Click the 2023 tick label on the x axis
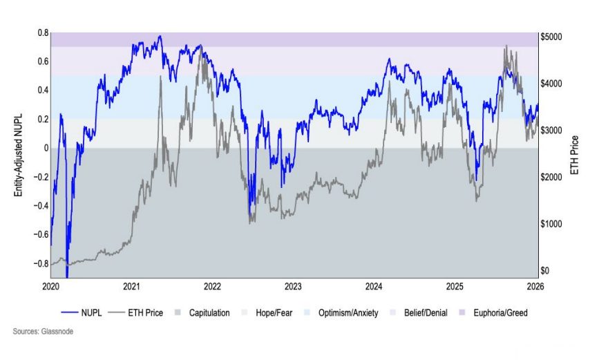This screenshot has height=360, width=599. [293, 285]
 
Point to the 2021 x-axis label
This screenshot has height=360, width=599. [132, 285]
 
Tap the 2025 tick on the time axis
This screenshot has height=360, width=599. [454, 285]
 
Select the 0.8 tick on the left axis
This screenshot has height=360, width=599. [42, 32]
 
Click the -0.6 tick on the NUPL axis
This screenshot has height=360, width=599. [41, 235]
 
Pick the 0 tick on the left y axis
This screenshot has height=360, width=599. [45, 148]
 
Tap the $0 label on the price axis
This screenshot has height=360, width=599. [546, 271]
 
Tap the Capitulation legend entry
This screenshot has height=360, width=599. [202, 313]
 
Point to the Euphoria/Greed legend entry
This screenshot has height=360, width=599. [492, 313]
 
